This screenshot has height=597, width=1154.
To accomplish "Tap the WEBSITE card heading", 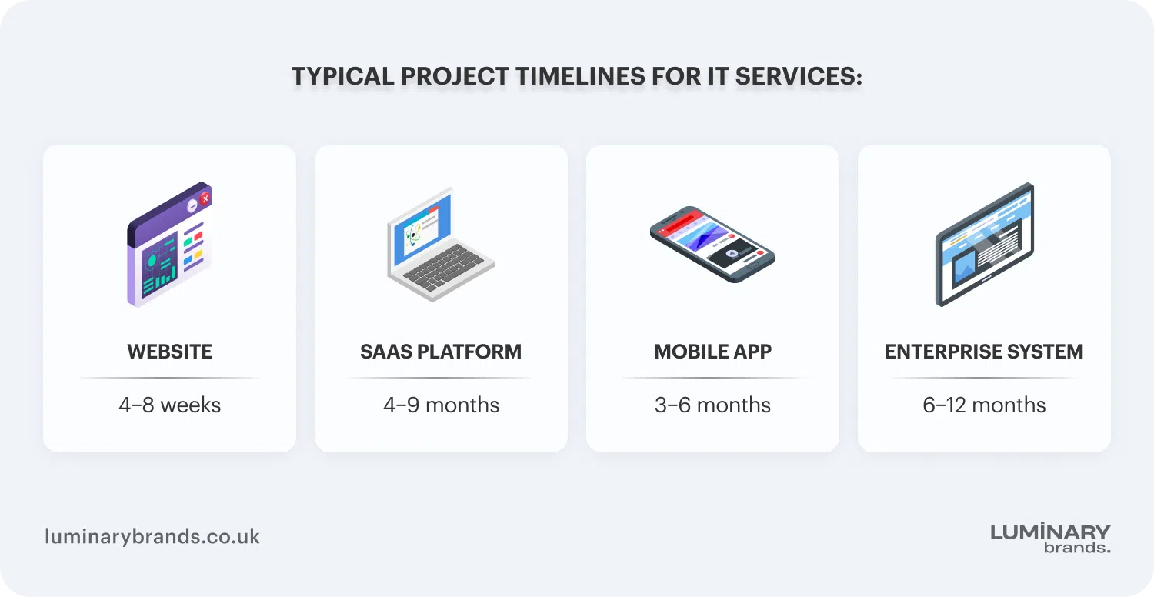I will [169, 352].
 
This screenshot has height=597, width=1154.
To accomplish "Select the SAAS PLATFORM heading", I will [441, 352].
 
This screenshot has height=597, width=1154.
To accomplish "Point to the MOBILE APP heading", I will [712, 352].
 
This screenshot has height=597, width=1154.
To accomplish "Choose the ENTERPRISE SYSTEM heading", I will [984, 352].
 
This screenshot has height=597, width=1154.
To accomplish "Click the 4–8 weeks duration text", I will [169, 405].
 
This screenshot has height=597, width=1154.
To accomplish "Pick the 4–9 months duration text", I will [441, 405].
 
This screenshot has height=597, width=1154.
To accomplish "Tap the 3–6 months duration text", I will [712, 405].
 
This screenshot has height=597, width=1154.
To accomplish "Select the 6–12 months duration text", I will [984, 405].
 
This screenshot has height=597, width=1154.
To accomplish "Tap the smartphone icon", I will [712, 244].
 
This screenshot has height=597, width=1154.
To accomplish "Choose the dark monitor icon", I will [984, 244].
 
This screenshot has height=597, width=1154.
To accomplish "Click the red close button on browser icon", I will [205, 198].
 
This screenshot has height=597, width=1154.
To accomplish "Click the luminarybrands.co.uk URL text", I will [152, 536].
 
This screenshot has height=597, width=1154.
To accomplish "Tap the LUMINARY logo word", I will [1050, 532].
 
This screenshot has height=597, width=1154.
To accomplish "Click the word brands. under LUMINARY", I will [1077, 548].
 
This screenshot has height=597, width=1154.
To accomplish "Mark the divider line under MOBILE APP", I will [712, 378].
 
